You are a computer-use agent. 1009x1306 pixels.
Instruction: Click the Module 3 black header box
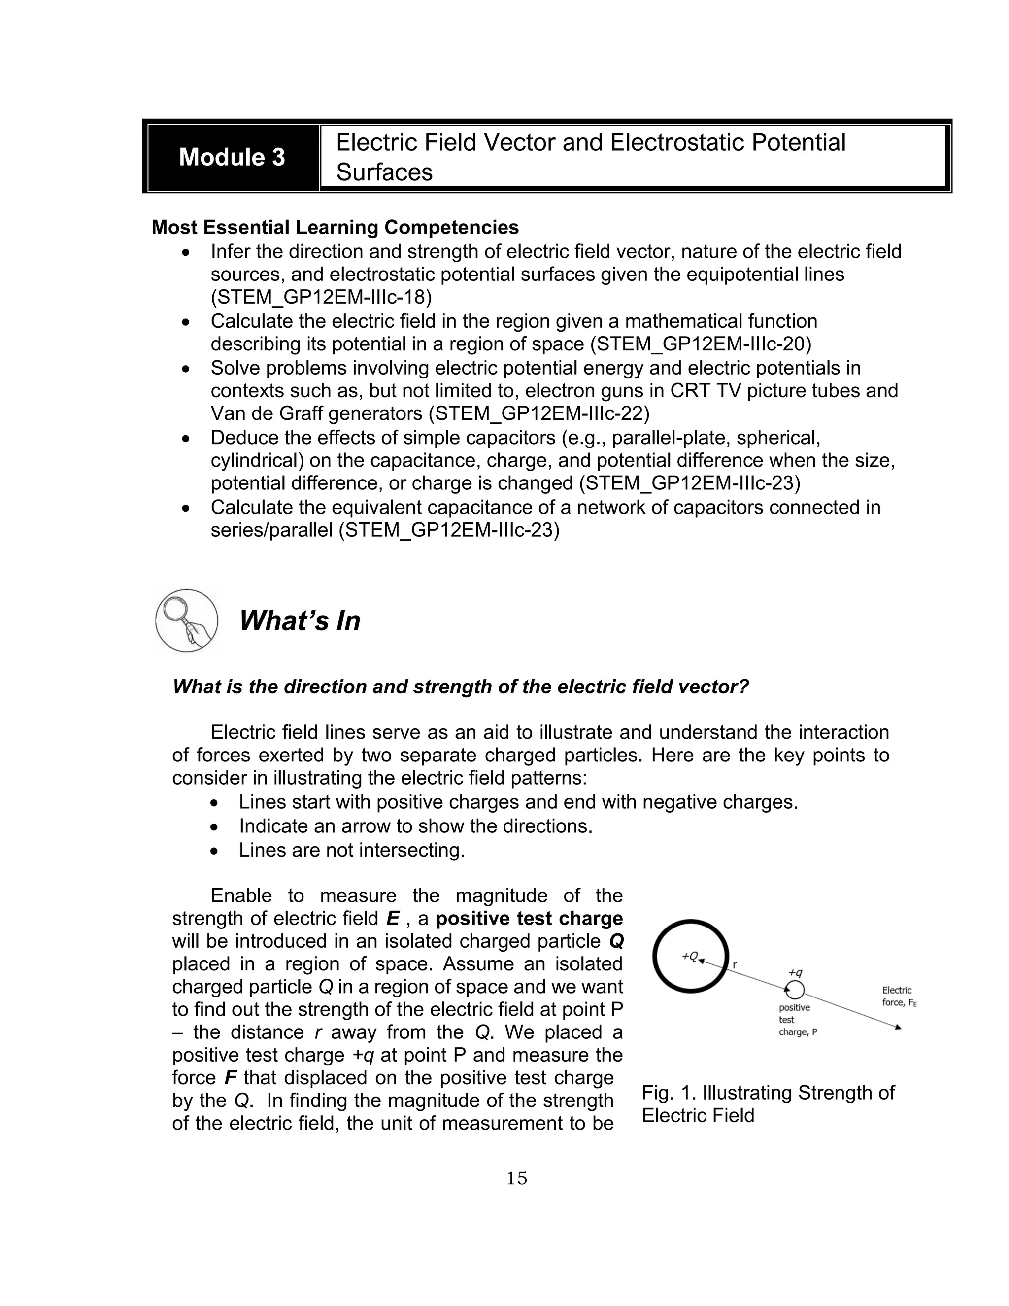tap(232, 157)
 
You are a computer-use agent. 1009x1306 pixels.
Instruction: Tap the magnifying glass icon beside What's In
tap(186, 620)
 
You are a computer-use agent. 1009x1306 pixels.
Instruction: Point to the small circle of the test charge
tap(795, 990)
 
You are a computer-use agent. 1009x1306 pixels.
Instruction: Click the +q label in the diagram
tap(795, 973)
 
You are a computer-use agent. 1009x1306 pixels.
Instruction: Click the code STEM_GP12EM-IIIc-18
tap(321, 297)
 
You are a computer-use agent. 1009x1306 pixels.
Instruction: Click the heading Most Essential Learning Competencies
tap(335, 227)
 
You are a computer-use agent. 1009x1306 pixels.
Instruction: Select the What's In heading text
tap(300, 620)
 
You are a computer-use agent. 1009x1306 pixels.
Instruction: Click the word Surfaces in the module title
tap(384, 172)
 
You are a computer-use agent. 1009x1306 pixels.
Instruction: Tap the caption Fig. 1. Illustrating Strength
tap(768, 1093)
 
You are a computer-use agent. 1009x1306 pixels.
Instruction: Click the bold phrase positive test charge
tap(529, 918)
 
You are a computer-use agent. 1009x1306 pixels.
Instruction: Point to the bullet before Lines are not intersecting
tap(215, 850)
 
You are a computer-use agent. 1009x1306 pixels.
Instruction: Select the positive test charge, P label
tap(797, 1020)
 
